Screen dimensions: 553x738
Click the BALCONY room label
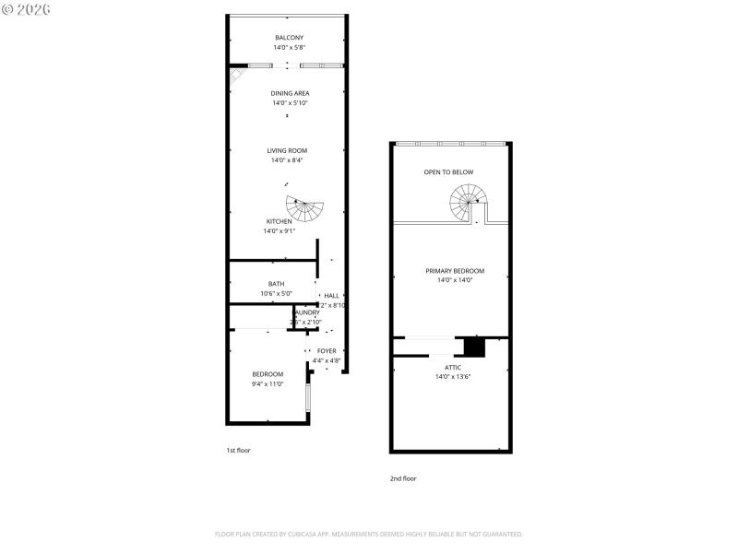[x=289, y=38]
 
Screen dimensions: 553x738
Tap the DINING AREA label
[x=290, y=93]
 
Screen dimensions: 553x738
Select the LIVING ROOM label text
[x=287, y=150]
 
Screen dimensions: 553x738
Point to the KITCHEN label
[x=280, y=221]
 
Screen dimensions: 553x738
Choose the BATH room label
[x=276, y=284]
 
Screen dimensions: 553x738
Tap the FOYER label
[x=327, y=351]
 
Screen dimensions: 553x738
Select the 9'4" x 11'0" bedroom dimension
[x=268, y=383]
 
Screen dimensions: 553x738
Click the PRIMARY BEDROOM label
[x=454, y=271]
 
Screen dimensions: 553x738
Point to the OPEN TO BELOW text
[x=448, y=172]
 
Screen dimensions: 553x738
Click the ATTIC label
[x=453, y=367]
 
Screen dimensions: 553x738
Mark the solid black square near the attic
[x=474, y=347]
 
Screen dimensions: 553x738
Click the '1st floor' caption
[x=238, y=450]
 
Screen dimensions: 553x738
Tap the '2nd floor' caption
[x=403, y=478]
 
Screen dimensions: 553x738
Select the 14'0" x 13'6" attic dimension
[x=453, y=376]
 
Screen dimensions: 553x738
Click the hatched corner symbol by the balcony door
[x=237, y=74]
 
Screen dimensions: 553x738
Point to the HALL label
[x=331, y=296]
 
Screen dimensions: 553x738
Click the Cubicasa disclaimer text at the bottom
[x=369, y=534]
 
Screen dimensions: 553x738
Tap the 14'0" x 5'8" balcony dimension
[x=289, y=47]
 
